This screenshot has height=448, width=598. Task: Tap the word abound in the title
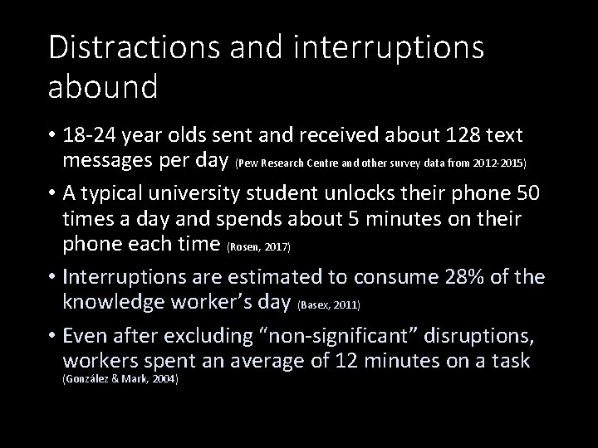pyautogui.click(x=103, y=85)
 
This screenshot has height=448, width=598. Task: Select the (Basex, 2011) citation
pyautogui.click(x=329, y=306)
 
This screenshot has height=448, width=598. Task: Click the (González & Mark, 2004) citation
pyautogui.click(x=121, y=379)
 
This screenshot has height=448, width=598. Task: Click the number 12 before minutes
pyautogui.click(x=343, y=361)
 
